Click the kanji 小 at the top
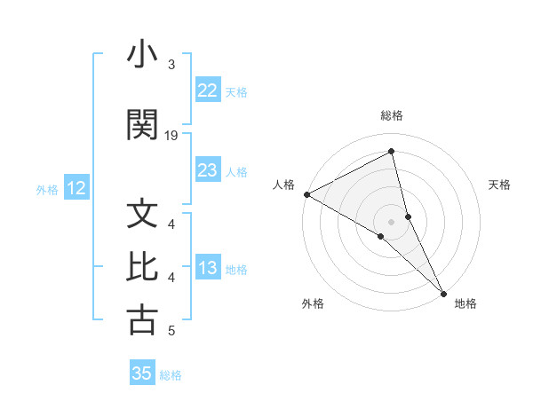pos(142,56)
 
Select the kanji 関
pos(142,125)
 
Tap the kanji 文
pos(142,215)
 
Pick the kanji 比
pos(142,267)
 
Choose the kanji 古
pos(142,320)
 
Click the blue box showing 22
pos(207,90)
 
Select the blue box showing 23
pos(207,170)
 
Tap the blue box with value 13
pos(207,269)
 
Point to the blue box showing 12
pos(76,188)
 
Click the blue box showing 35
pos(142,374)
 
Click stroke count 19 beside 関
pos(171,136)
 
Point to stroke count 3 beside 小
pos(171,65)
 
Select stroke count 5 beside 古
pos(171,331)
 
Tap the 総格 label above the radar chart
pos(392,115)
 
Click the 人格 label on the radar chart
pos(284,185)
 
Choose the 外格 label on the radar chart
pos(313,304)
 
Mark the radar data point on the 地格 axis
pos(444,292)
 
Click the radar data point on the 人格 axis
pos(306,194)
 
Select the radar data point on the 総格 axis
pos(392,152)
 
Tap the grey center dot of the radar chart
pos(392,221)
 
